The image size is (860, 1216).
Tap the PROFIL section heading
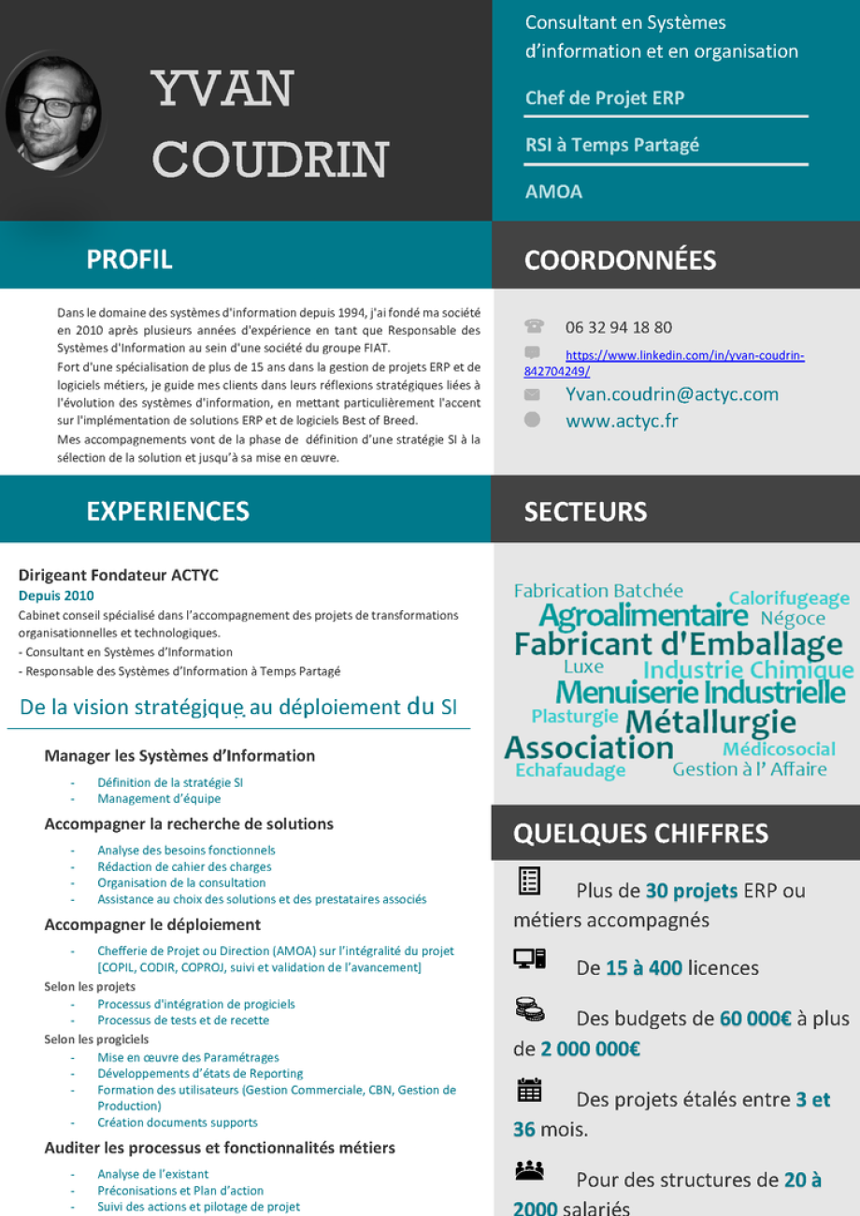[x=130, y=259]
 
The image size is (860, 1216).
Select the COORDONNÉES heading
[x=621, y=260]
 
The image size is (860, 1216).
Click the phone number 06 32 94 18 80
[x=619, y=327]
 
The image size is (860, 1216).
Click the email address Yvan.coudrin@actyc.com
[x=672, y=394]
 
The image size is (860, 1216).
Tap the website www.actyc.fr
[x=622, y=421]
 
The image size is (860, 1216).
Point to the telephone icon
[x=534, y=326]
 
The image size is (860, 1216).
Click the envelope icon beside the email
[x=532, y=395]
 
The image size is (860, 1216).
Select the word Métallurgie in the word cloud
[x=710, y=722]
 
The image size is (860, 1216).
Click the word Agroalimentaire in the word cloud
[x=643, y=616]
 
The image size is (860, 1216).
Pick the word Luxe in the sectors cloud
[x=583, y=667]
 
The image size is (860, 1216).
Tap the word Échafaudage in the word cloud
[x=570, y=770]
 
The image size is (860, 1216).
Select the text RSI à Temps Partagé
[x=612, y=145]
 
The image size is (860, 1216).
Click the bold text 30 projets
[x=692, y=890]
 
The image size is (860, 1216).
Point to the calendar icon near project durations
[x=529, y=1090]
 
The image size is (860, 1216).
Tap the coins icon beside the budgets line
[x=529, y=1009]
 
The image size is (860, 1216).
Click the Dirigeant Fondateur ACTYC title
[x=119, y=575]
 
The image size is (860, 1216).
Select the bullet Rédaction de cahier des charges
[x=184, y=866]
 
